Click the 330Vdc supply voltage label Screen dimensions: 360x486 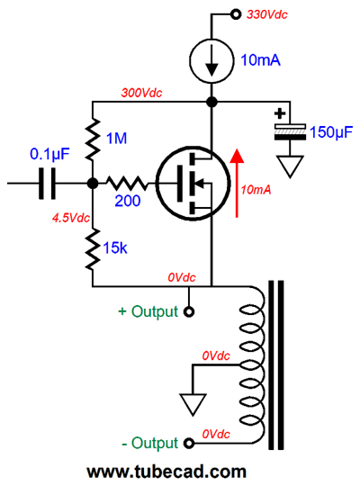pos(267,14)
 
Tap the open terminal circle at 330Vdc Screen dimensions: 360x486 pos(236,14)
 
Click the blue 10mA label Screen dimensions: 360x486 pos(260,59)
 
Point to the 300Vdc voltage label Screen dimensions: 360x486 pos(141,93)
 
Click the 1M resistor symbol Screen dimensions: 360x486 pos(93,139)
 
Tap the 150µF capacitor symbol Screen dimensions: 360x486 pos(290,132)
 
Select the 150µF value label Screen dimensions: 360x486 pos(331,132)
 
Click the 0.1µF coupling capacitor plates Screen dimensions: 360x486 pos(47,184)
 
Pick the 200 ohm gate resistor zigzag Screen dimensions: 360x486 pos(127,184)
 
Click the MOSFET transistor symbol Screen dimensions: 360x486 pos(193,184)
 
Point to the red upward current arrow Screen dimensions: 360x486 pos(237,183)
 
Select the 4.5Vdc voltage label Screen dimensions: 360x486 pos(71,218)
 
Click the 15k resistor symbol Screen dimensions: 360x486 pos(93,249)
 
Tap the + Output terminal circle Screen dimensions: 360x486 pos(188,311)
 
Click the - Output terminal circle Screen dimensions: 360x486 pos(188,443)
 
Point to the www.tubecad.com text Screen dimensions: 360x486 pos(166,472)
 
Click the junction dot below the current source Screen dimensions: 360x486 pos(211,102)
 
